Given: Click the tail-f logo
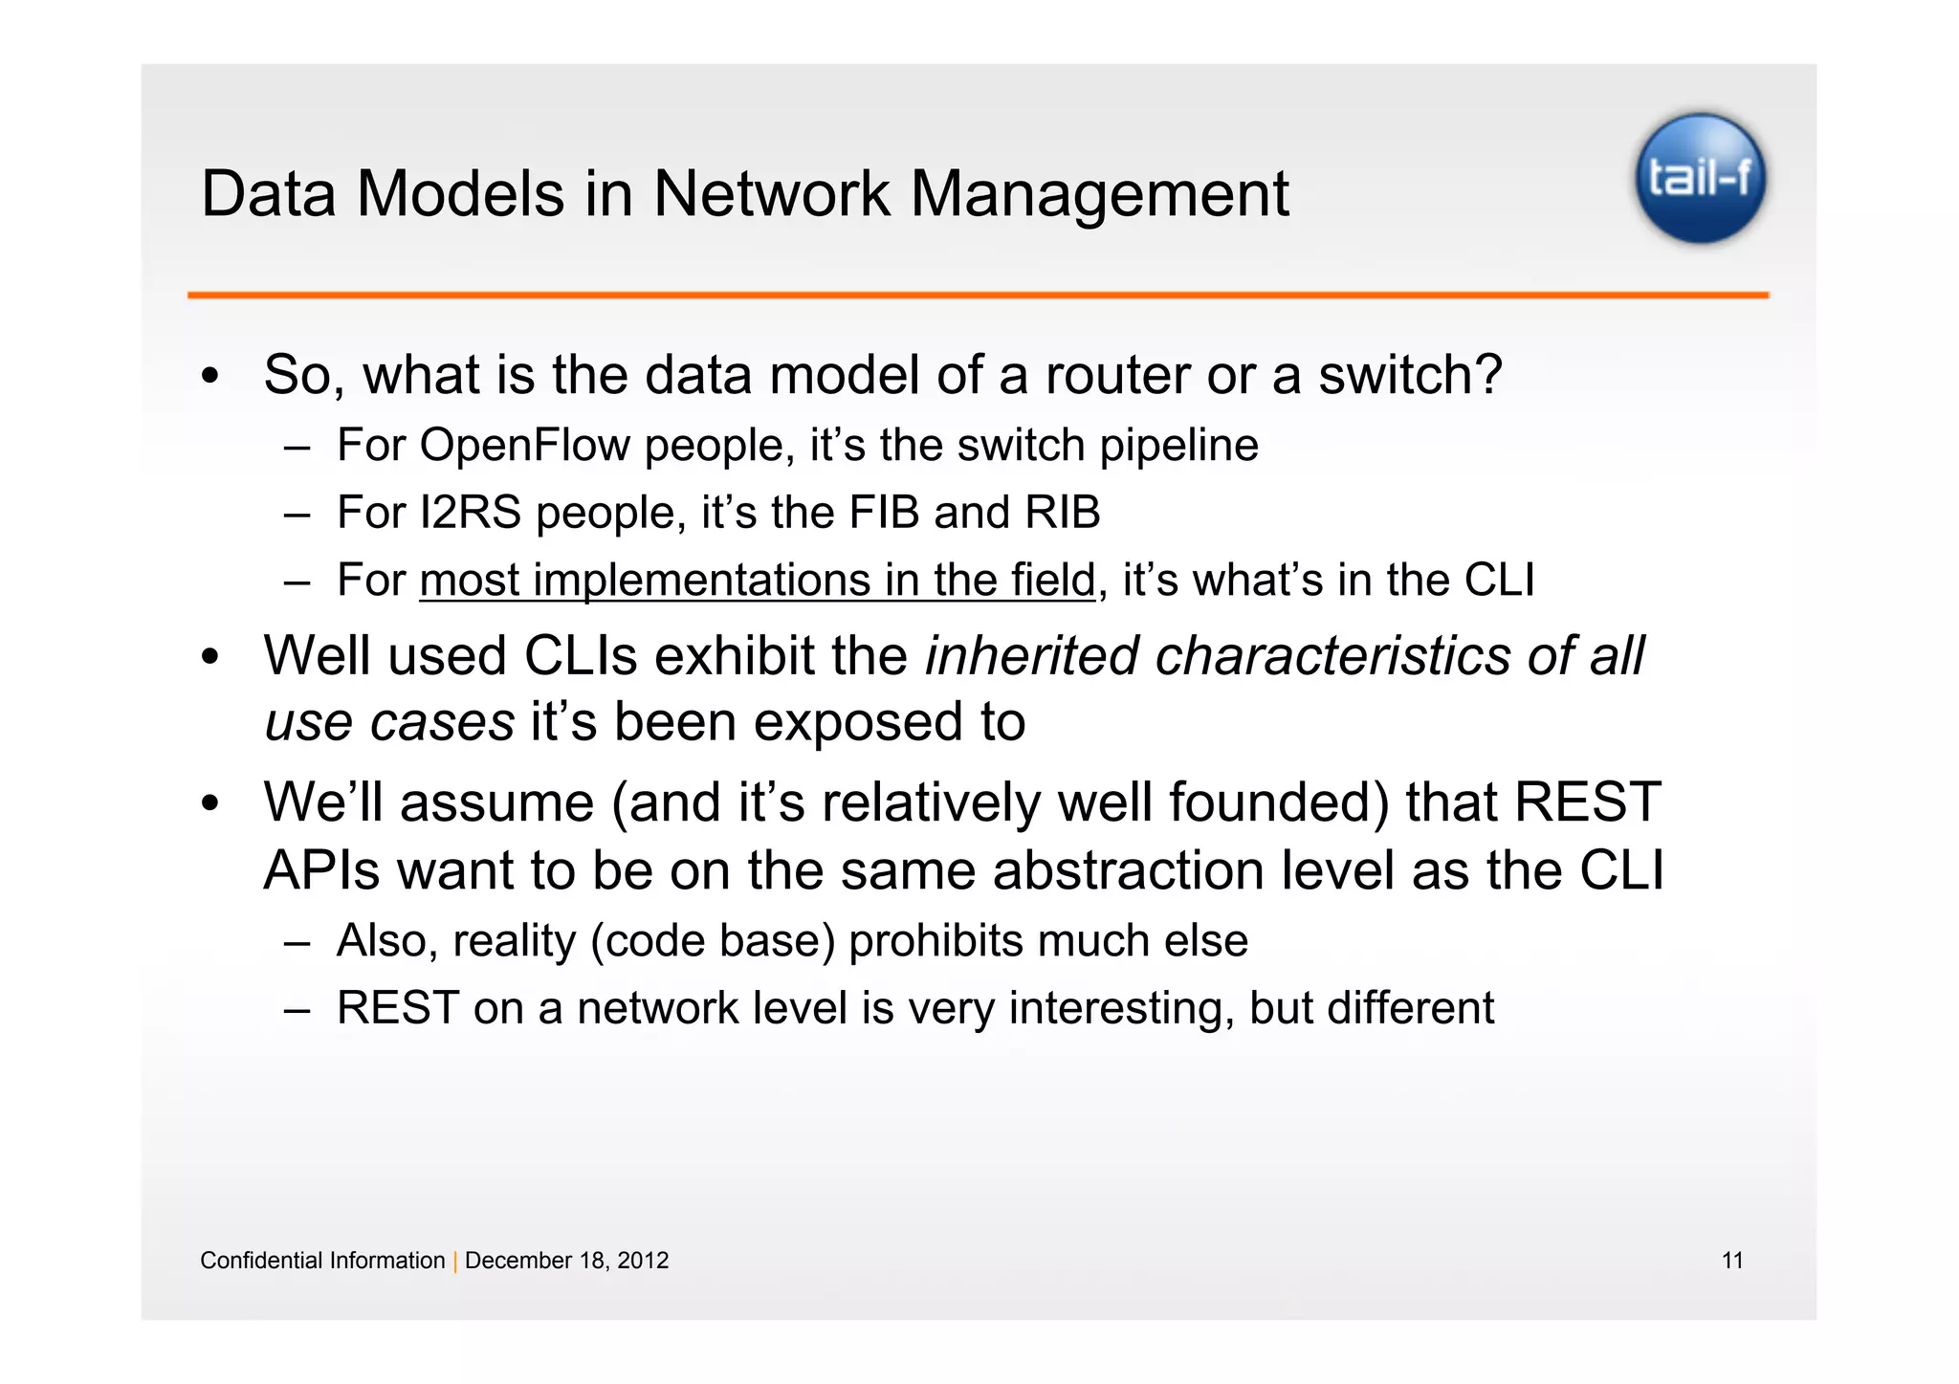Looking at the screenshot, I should pos(1700,178).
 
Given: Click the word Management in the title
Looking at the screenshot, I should pos(1099,194).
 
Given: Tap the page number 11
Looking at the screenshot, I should pos(1732,1261).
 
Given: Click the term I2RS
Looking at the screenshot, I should pos(470,513).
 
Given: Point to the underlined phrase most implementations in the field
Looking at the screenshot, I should pos(757,581).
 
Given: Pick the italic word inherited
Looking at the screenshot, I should pos(1031,656).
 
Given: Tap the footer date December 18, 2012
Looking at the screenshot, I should pos(566,1261).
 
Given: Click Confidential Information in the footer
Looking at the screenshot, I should pos(322,1261).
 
